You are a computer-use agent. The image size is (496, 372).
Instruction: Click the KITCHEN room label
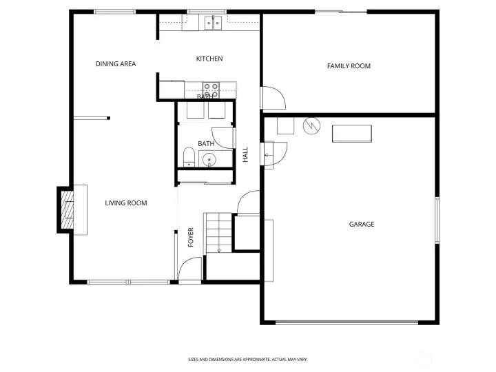pos(209,59)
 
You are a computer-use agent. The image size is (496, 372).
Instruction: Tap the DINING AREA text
pos(116,64)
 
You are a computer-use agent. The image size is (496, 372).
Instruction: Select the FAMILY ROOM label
pos(349,66)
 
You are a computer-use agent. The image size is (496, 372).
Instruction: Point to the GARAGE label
pos(362,225)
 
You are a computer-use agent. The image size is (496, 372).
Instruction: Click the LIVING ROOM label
pos(126,203)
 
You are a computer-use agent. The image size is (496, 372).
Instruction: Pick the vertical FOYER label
pos(192,238)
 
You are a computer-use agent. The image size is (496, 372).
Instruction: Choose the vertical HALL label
pos(245,155)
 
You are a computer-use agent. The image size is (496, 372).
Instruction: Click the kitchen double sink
pos(212,23)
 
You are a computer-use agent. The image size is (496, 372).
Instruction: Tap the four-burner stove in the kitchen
pos(210,90)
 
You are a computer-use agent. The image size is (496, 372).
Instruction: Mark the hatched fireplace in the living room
pos(68,209)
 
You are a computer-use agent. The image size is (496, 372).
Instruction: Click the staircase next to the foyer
pos(218,233)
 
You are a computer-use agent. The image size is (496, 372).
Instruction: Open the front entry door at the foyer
pos(190,270)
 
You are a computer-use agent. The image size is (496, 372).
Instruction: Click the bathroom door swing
pos(223,137)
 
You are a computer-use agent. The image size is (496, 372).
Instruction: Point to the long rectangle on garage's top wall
pos(351,134)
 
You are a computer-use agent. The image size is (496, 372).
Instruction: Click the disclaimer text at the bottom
pos(248,360)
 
